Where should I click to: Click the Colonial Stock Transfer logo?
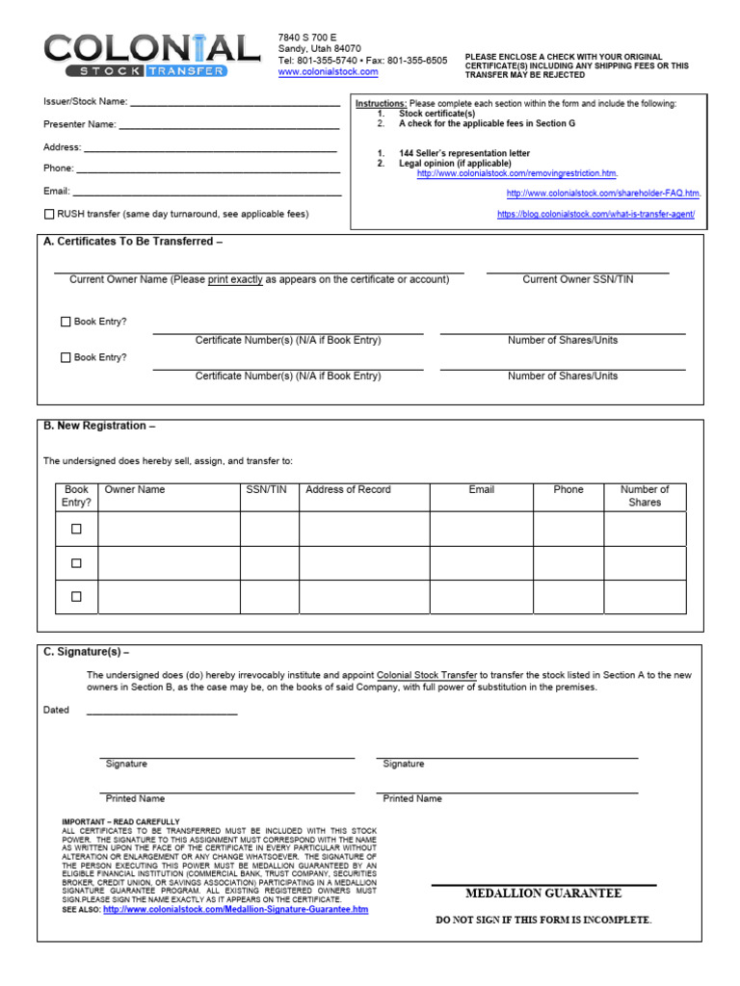(150, 56)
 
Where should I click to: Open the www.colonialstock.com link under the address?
(328, 72)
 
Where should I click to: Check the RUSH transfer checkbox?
(49, 214)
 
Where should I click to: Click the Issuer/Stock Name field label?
(85, 100)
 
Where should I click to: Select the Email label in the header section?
(57, 192)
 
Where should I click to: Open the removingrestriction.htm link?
(516, 174)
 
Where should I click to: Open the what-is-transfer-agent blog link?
(595, 215)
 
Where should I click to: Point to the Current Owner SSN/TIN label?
(578, 279)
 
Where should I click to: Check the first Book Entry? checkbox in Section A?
(66, 322)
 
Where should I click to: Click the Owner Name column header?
(135, 490)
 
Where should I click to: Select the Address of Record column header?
(348, 490)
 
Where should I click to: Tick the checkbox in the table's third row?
(76, 597)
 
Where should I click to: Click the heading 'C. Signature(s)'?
(86, 652)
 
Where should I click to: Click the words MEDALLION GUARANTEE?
(543, 894)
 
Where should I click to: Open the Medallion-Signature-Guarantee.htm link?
(235, 909)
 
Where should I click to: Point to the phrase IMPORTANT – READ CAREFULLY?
(120, 821)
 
